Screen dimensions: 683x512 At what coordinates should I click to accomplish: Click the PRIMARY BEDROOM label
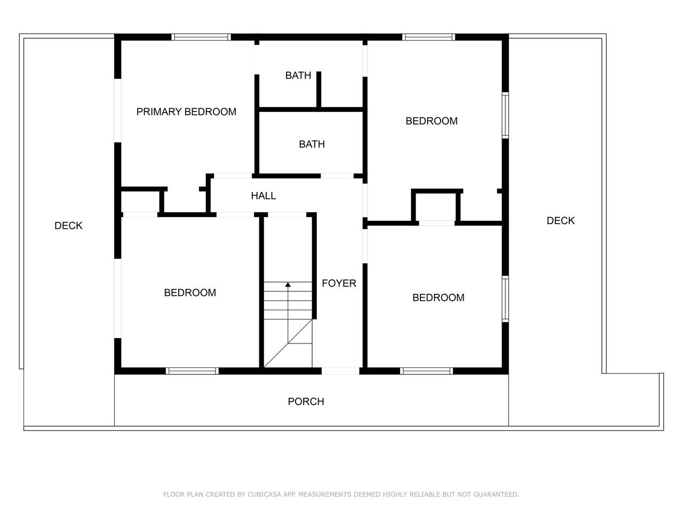coord(186,111)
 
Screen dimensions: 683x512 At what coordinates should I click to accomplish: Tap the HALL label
coord(263,196)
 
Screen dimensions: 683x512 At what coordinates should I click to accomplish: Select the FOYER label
coord(339,283)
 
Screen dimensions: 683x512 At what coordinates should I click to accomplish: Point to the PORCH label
coord(306,401)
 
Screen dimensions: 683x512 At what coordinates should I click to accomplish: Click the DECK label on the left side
coord(68,226)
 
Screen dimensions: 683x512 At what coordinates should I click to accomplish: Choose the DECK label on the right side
coord(560,220)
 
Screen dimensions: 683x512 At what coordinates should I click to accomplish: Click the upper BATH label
coord(298,75)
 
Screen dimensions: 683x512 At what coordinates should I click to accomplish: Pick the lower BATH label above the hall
coord(312,144)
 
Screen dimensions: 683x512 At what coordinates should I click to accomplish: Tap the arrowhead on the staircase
coord(288,284)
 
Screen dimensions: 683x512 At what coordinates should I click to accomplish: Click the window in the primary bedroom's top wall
coord(201,37)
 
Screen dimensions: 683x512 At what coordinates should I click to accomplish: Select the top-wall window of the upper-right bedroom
coord(428,37)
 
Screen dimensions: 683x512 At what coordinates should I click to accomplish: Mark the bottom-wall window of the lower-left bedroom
coord(192,371)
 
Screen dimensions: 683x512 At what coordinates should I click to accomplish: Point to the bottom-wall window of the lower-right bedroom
coord(426,371)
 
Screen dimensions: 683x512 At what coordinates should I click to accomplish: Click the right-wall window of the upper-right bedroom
coord(505,115)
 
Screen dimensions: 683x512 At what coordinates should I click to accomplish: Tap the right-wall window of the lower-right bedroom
coord(505,299)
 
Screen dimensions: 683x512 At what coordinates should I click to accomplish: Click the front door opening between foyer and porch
coord(340,371)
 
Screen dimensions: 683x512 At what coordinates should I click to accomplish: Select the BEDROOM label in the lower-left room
coord(190,292)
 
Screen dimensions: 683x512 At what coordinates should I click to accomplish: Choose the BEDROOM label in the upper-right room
coord(431,121)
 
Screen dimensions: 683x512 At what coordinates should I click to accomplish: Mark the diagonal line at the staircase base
coord(288,343)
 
